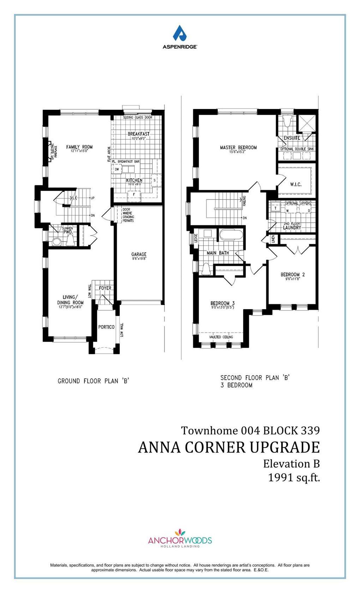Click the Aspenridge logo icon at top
click(179, 33)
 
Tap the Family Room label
click(79, 147)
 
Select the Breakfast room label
click(138, 134)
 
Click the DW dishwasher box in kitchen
click(117, 169)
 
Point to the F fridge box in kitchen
click(134, 194)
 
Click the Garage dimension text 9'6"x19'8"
click(139, 258)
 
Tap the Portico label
click(106, 327)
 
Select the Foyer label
click(105, 288)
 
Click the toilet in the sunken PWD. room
click(56, 242)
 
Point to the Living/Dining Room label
click(71, 300)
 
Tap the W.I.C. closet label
click(295, 184)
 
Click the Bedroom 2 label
click(293, 274)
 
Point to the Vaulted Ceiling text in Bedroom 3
click(221, 337)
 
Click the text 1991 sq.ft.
click(294, 477)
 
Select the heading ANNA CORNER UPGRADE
click(229, 447)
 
